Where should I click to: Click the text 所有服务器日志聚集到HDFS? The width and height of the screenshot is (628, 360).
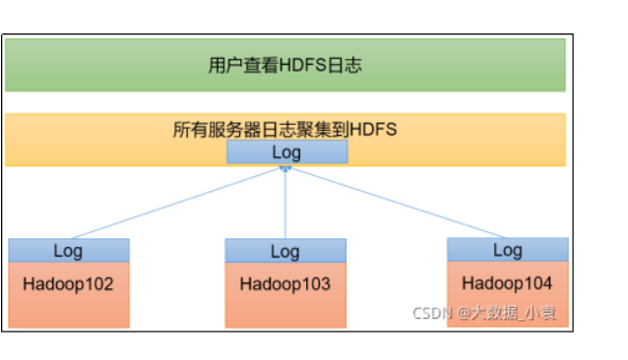[284, 129]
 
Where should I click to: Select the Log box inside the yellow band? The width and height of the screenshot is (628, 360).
[285, 152]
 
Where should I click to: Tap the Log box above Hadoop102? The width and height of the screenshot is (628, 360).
[69, 251]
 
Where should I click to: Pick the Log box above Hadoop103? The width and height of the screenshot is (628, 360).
[285, 251]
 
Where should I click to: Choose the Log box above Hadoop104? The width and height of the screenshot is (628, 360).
[507, 250]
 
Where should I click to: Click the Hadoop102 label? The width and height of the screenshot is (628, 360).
[69, 284]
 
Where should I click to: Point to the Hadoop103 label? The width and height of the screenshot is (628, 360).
[285, 284]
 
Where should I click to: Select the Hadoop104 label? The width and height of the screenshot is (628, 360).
[507, 283]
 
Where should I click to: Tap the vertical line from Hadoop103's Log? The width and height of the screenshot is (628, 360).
[285, 207]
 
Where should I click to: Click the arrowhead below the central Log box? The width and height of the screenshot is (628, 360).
[285, 169]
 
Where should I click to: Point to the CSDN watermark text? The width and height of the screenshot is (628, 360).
[430, 314]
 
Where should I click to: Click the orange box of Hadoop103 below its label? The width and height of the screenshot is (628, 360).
[285, 309]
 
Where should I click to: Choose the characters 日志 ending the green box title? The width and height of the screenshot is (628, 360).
[345, 66]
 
